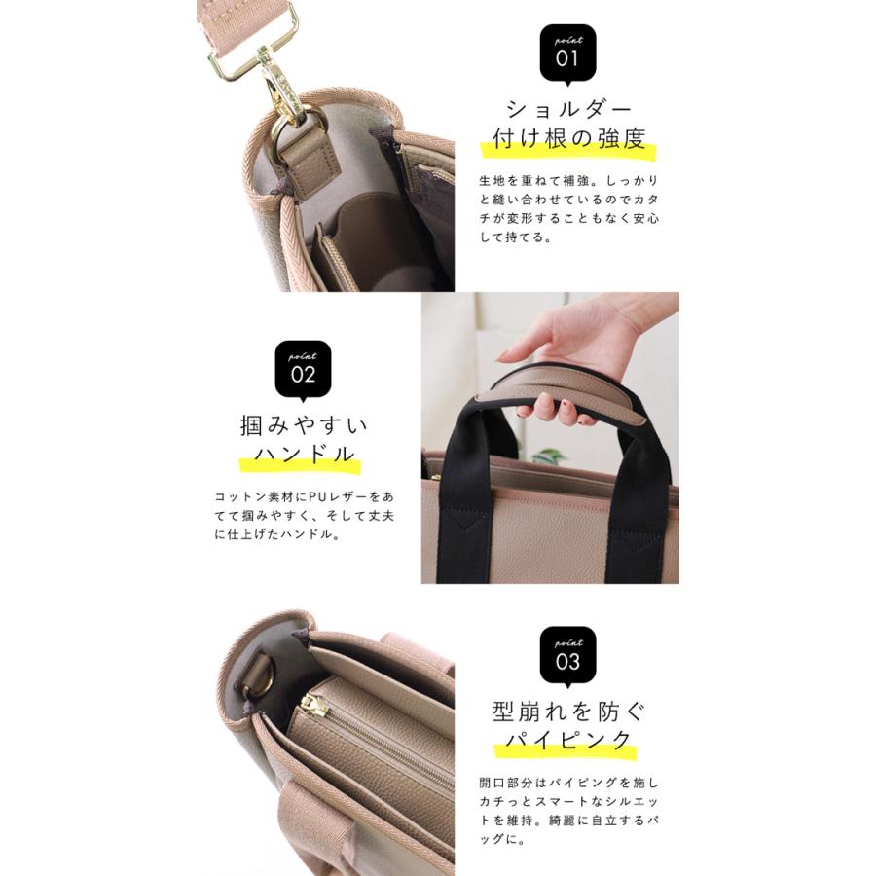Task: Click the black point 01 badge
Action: [x=567, y=53]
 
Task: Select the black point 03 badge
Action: [x=567, y=656]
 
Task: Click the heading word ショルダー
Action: [x=569, y=108]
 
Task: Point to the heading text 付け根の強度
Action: [x=569, y=139]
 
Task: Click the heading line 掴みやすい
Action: [x=304, y=425]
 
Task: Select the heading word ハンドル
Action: [x=304, y=456]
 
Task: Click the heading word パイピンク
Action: [x=568, y=741]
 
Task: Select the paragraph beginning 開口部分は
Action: [x=569, y=810]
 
